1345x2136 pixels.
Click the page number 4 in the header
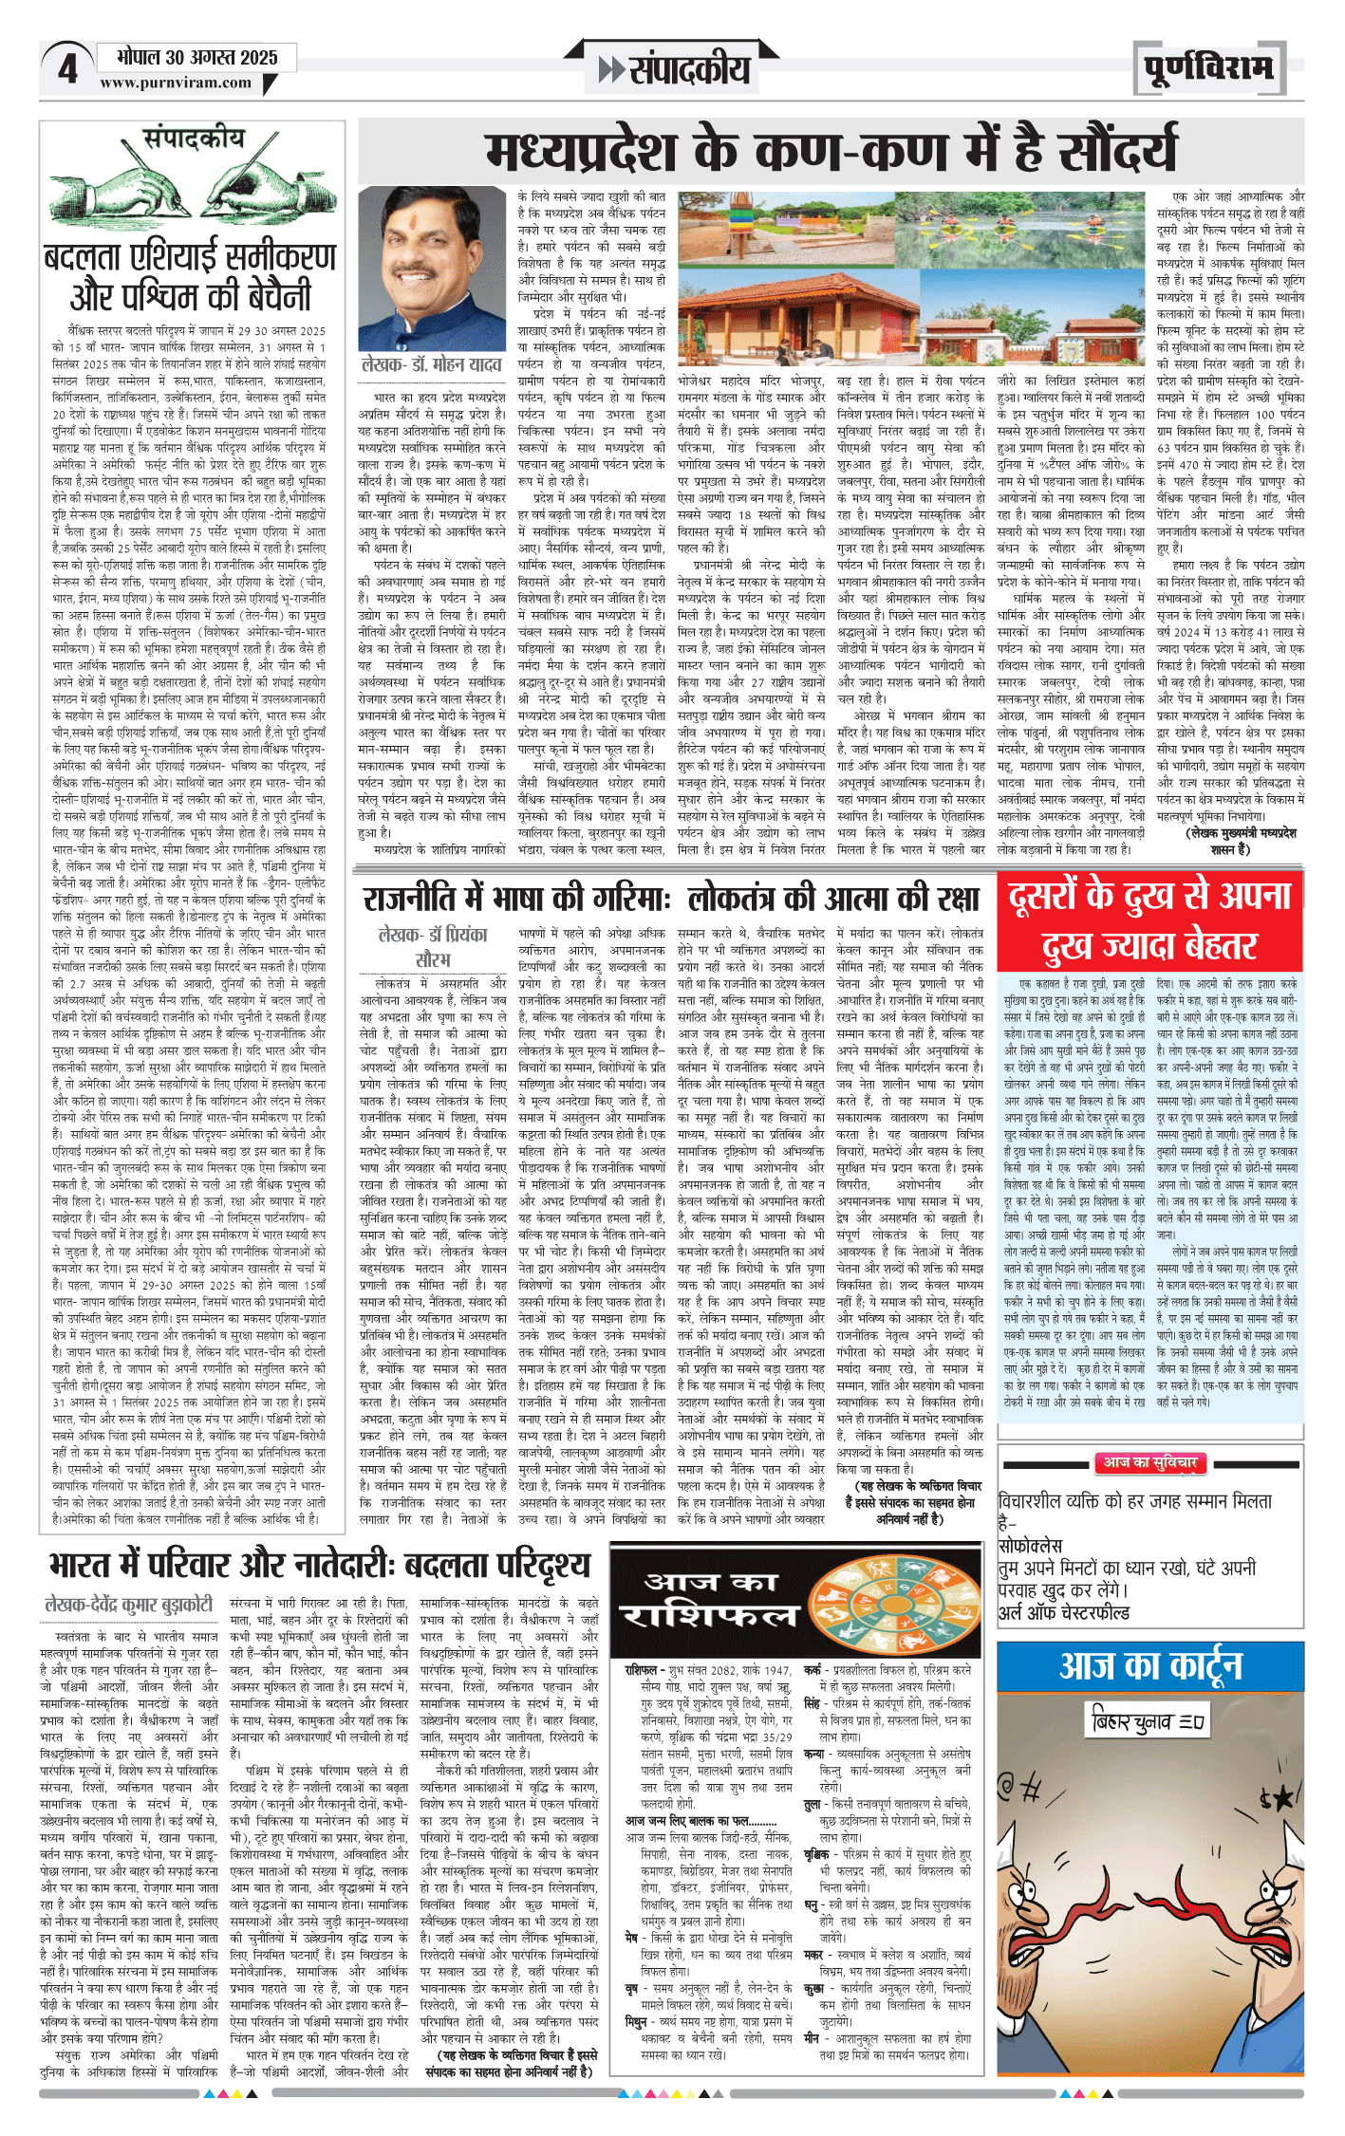click(67, 68)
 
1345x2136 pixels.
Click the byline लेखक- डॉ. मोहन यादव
click(431, 364)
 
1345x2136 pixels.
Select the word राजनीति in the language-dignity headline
click(424, 899)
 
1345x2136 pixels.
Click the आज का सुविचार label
click(1150, 1462)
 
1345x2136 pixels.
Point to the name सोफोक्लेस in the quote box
click(1030, 1545)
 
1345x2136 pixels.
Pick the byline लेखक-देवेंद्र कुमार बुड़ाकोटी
click(129, 1605)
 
